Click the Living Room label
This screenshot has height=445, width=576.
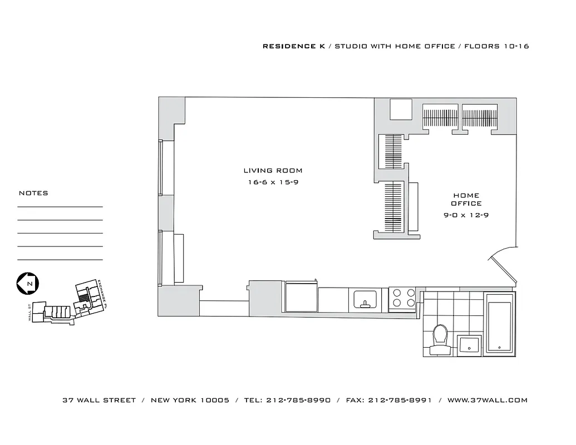pyautogui.click(x=273, y=171)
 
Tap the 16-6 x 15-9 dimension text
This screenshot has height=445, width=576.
pyautogui.click(x=273, y=182)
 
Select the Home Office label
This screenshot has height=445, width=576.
pyautogui.click(x=466, y=199)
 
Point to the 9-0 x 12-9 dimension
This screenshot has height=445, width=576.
pyautogui.click(x=466, y=215)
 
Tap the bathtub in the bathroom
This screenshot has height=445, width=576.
pyautogui.click(x=499, y=327)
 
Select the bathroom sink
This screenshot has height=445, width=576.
pyautogui.click(x=469, y=344)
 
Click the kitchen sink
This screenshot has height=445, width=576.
pyautogui.click(x=365, y=300)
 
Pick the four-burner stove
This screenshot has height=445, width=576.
pyautogui.click(x=402, y=298)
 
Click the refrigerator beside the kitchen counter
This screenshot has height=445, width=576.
pyautogui.click(x=301, y=297)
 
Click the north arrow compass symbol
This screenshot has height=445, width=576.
pyautogui.click(x=27, y=284)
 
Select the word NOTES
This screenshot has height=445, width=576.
pyautogui.click(x=33, y=193)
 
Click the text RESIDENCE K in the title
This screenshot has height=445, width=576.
pyautogui.click(x=293, y=46)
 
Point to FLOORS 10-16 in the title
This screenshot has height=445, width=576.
pyautogui.click(x=496, y=46)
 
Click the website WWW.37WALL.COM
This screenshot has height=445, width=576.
pyautogui.click(x=487, y=400)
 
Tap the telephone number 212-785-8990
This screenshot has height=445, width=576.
pyautogui.click(x=298, y=400)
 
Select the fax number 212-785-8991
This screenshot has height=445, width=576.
pyautogui.click(x=400, y=400)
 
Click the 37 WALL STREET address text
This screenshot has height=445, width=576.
pyautogui.click(x=99, y=400)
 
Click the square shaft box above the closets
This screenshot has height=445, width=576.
pyautogui.click(x=400, y=109)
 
